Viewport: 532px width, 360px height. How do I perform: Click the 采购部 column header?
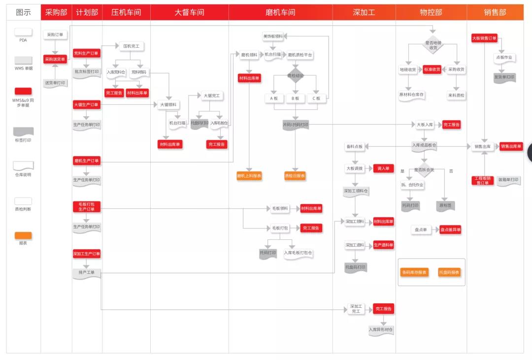[56, 12]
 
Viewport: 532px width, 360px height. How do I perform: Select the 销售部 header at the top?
[495, 12]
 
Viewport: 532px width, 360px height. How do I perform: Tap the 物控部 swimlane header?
[431, 12]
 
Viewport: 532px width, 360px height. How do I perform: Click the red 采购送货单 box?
[55, 59]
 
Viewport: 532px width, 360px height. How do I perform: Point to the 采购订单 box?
[55, 35]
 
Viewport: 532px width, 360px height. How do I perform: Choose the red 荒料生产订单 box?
[86, 53]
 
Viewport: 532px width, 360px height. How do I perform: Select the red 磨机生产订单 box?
[87, 161]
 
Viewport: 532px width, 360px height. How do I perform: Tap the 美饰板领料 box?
[272, 36]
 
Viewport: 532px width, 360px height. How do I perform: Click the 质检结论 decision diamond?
[296, 76]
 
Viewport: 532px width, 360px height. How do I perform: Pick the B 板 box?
[296, 98]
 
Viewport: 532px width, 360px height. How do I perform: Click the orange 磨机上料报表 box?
[249, 175]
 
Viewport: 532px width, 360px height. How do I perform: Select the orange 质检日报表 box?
[295, 175]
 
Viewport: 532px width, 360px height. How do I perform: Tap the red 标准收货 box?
[432, 69]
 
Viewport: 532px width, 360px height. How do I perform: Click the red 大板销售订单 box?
[484, 38]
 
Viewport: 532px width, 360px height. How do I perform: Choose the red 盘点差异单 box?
[450, 229]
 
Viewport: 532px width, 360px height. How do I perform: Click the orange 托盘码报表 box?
[449, 272]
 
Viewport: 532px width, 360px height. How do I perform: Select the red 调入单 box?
[383, 168]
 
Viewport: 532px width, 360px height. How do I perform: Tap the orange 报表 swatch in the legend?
[23, 235]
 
